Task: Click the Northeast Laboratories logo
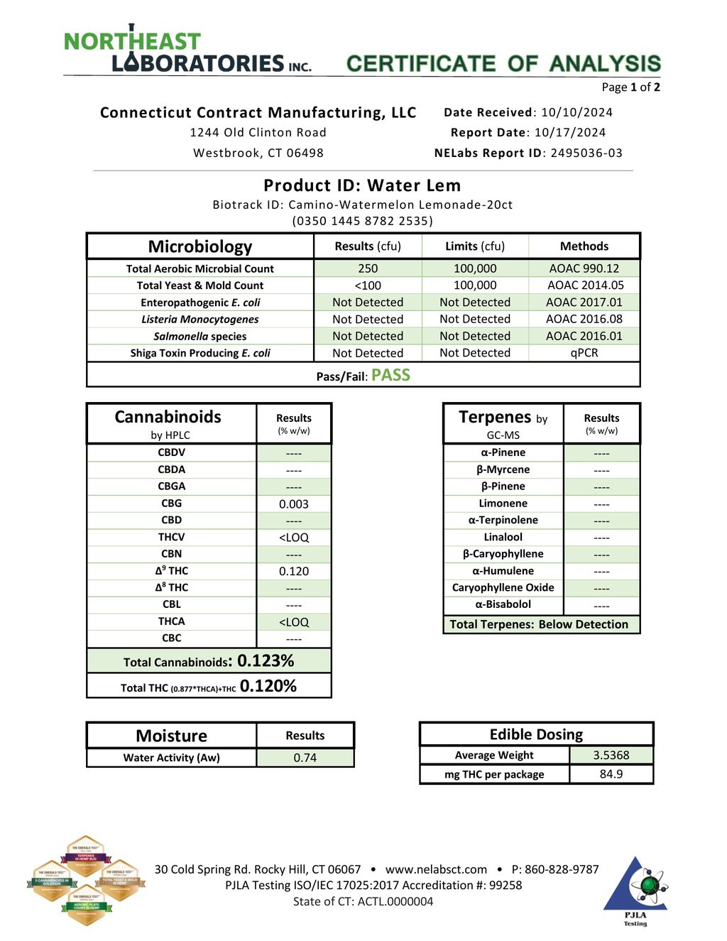(187, 51)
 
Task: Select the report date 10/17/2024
(570, 132)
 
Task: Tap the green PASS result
(390, 375)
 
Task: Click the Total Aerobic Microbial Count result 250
(368, 268)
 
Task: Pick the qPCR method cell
(584, 353)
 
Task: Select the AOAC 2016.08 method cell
(584, 319)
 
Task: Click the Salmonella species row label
(200, 337)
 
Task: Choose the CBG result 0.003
(294, 504)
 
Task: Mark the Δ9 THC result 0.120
(294, 571)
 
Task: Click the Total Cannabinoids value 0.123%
(266, 660)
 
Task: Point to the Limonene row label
(503, 504)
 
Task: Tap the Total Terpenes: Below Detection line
(539, 624)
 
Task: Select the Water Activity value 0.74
(305, 758)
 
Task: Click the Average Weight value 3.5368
(611, 755)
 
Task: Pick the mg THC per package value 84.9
(611, 774)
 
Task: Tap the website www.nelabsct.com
(436, 869)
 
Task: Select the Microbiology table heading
(200, 246)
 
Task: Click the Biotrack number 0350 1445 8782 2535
(363, 221)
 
